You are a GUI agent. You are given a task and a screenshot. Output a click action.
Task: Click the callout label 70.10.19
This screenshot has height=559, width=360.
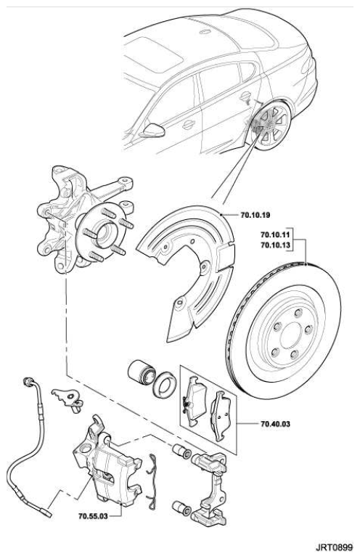[255, 215]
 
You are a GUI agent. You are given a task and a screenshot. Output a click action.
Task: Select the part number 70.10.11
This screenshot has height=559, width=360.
[275, 235]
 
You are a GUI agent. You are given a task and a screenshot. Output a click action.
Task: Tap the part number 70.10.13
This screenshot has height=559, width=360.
[275, 245]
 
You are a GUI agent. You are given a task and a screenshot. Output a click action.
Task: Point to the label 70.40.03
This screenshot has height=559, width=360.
[275, 424]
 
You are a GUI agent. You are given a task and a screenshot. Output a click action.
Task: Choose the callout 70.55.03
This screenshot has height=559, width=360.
[93, 515]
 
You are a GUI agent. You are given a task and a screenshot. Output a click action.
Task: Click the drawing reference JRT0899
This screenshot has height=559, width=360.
[334, 547]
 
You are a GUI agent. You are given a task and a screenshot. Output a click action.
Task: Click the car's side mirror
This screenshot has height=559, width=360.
[153, 131]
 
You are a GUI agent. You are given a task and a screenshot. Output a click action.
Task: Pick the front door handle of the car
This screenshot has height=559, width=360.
[188, 124]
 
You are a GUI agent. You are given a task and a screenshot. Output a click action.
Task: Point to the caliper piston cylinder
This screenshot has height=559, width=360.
[141, 373]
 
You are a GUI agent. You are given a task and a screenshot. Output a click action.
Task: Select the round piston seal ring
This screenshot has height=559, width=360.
[164, 385]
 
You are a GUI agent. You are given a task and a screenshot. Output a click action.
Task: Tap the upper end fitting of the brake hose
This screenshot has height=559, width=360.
[28, 381]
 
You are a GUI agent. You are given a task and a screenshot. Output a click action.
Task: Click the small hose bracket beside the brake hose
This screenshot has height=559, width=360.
[67, 399]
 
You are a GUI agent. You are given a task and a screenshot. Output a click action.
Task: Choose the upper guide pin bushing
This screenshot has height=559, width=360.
[181, 452]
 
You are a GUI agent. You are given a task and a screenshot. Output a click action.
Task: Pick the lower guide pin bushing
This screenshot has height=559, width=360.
[181, 509]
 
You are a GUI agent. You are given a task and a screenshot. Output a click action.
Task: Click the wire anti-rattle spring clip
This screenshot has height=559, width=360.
[152, 481]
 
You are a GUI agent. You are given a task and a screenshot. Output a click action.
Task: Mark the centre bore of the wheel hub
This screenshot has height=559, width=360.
[104, 235]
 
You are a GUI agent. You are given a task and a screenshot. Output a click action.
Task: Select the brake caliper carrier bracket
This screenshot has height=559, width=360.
[210, 489]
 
